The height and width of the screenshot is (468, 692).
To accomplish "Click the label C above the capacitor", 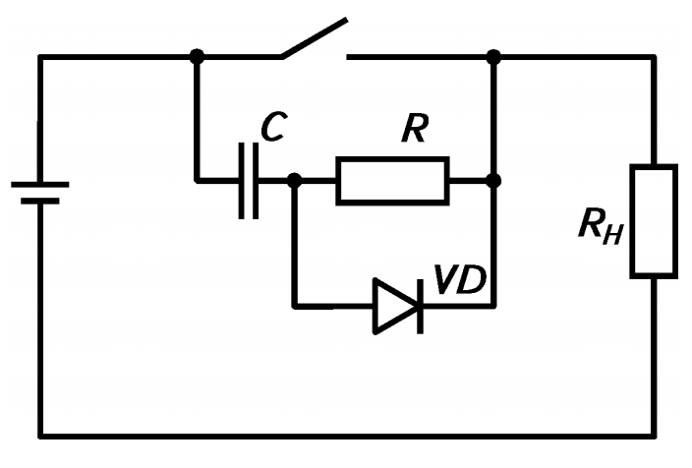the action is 274,127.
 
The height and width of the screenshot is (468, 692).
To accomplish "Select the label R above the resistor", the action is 415,128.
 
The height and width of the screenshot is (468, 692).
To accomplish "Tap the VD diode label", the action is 460,279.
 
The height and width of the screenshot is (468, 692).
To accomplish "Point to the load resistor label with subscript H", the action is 602,226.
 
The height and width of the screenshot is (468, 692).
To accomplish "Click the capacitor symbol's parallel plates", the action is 249,181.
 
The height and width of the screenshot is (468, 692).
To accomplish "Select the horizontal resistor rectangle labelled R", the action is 393,181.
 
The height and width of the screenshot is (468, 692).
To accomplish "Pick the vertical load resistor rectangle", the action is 654,221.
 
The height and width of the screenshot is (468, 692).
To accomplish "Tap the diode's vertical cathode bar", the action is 420,306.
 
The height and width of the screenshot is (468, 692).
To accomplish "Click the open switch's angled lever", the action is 315,38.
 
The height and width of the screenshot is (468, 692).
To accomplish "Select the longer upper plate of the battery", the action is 40,185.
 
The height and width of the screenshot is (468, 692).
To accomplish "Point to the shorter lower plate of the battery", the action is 40,202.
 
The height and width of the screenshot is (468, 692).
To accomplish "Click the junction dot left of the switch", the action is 197,56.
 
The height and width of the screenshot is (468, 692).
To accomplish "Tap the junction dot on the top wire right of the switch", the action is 493,57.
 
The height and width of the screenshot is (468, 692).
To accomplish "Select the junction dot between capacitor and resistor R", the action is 294,181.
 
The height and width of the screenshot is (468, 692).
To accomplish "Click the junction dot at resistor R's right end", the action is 493,181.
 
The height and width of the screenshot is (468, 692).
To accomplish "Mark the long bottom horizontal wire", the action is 348,437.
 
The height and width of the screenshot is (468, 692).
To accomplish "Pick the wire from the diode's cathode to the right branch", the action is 459,306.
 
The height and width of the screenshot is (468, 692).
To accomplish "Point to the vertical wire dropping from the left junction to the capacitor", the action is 197,119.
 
